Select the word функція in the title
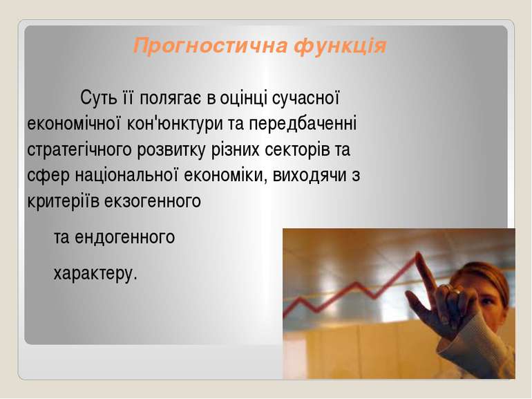[341, 46]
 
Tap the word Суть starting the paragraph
[98, 98]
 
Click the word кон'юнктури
[175, 124]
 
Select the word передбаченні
[303, 124]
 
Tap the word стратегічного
[79, 150]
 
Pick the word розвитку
[171, 150]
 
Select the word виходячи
[309, 176]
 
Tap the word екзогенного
[153, 202]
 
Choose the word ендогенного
[124, 237]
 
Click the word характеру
[95, 273]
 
